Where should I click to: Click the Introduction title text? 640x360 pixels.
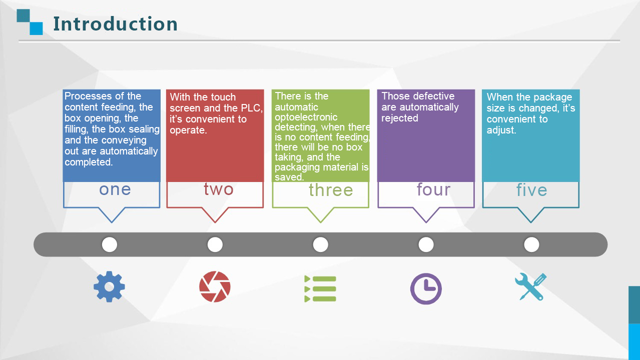[115, 23]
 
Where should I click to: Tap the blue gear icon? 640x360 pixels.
[109, 286]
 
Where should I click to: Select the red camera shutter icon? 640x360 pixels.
[215, 286]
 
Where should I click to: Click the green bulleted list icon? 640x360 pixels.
[320, 288]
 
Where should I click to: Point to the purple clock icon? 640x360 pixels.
[426, 288]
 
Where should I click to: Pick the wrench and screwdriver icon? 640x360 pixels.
[531, 286]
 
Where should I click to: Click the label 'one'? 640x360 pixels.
[115, 189]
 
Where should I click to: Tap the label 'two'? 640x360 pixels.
[219, 189]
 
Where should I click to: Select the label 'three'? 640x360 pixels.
[331, 190]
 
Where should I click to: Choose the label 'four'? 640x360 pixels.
[433, 189]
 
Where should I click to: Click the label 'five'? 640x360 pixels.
[532, 189]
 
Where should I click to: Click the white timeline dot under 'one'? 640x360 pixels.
[110, 244]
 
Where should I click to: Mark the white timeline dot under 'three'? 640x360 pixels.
[321, 244]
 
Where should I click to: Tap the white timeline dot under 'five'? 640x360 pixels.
[531, 244]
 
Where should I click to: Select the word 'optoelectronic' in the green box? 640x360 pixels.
[306, 117]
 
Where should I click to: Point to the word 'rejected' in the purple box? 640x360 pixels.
[400, 118]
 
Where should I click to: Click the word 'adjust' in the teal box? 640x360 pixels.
[500, 130]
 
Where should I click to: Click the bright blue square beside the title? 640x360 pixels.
[37, 28]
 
